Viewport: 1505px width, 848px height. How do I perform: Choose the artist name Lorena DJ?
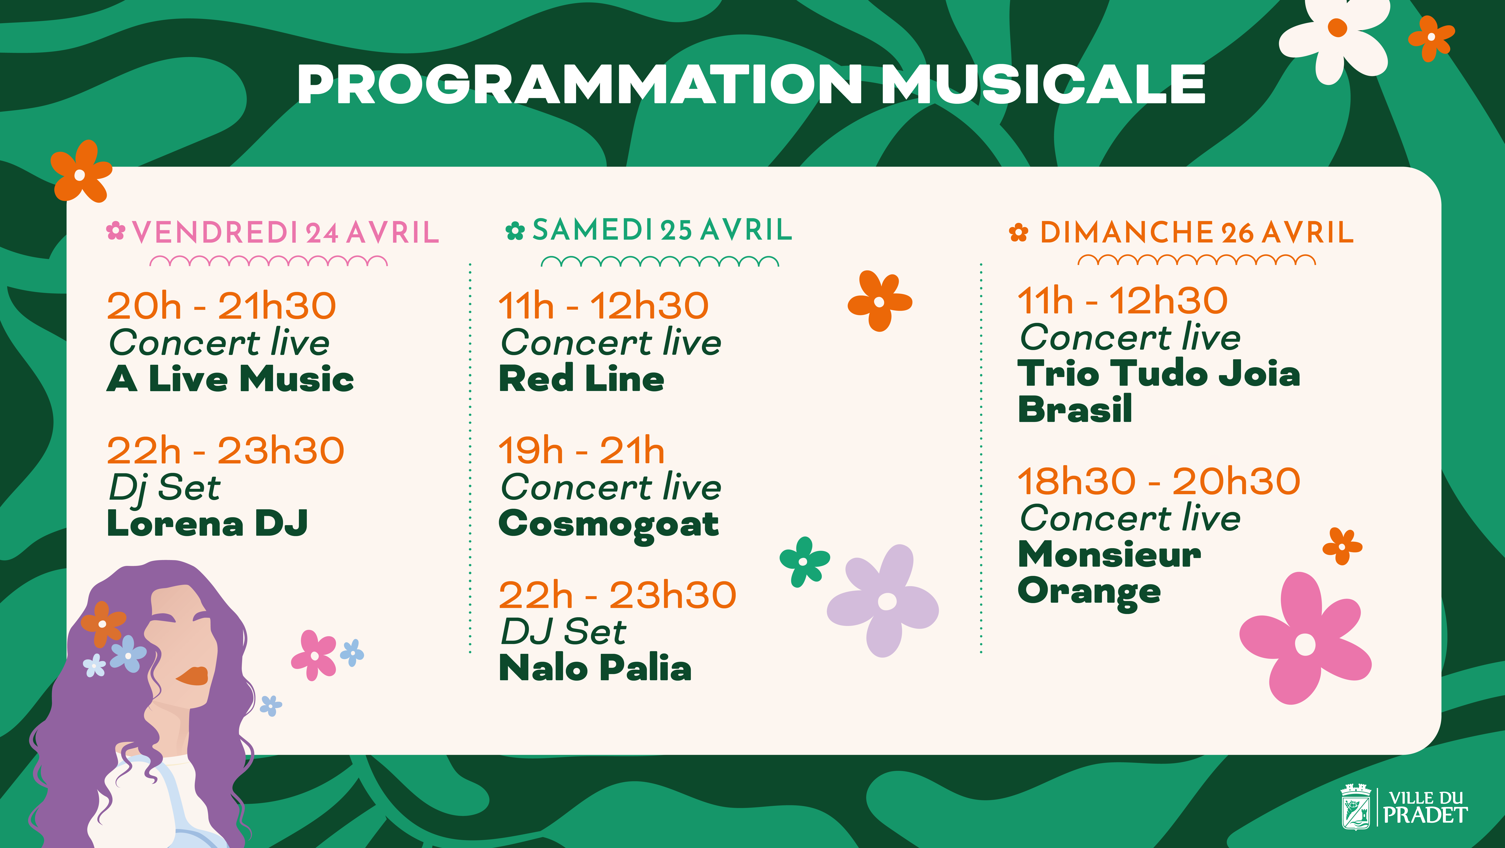207,523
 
